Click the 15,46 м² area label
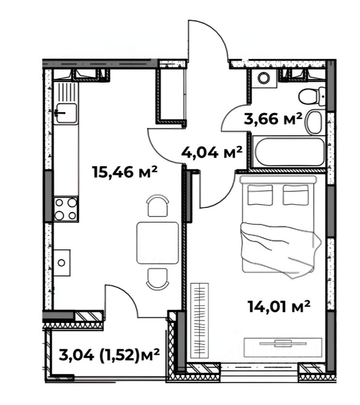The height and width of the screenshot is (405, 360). [x=125, y=172]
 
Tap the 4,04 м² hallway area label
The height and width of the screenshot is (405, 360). [x=212, y=152]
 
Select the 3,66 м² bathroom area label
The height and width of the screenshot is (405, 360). [x=273, y=119]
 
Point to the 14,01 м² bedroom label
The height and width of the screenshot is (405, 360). [x=279, y=306]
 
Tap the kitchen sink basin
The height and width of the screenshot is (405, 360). [x=67, y=113]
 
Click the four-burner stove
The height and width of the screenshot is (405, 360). [x=66, y=209]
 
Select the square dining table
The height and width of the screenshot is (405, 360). [x=158, y=243]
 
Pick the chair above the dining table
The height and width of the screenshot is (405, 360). [x=158, y=206]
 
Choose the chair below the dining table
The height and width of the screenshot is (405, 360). [x=158, y=279]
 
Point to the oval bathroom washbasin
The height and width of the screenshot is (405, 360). [x=314, y=122]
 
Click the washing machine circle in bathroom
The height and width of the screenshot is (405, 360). [x=264, y=77]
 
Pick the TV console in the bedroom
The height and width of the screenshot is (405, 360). [x=283, y=347]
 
